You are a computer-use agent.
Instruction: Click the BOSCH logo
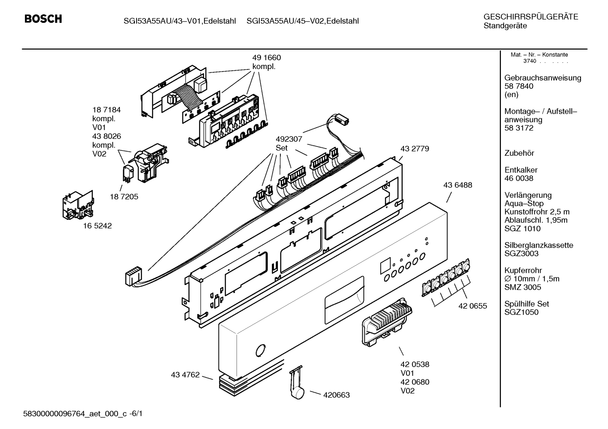(43, 19)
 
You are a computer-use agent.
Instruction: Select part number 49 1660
(266, 58)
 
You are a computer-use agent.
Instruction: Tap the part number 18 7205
(124, 197)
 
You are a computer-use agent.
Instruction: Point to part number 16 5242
(97, 226)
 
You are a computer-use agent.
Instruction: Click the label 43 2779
(415, 149)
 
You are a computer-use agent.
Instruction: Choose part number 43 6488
(457, 185)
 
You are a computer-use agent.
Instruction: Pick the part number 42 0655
(473, 306)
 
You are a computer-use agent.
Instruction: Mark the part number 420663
(336, 395)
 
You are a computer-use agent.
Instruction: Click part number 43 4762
(185, 375)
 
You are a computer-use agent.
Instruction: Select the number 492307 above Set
(289, 139)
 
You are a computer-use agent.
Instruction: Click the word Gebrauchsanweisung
(543, 78)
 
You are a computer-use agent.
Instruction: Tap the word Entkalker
(521, 170)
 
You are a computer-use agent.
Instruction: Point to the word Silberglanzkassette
(539, 245)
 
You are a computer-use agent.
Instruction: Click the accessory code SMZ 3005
(523, 287)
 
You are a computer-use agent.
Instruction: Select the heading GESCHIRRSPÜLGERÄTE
(531, 17)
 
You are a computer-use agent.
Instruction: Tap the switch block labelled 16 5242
(78, 205)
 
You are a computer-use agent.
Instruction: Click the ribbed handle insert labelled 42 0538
(387, 322)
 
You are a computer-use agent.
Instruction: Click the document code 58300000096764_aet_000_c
(75, 414)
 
